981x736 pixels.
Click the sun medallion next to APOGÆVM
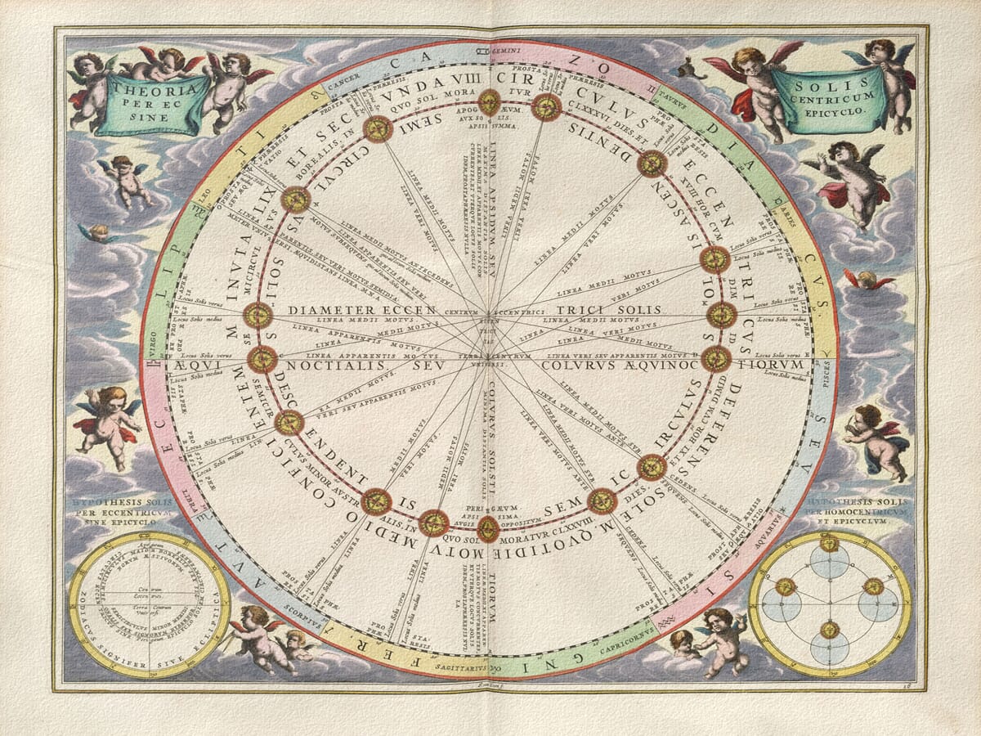(490, 101)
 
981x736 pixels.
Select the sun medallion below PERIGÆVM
(488, 529)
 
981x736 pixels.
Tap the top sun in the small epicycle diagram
(830, 543)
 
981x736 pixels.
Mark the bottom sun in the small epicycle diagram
(830, 629)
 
